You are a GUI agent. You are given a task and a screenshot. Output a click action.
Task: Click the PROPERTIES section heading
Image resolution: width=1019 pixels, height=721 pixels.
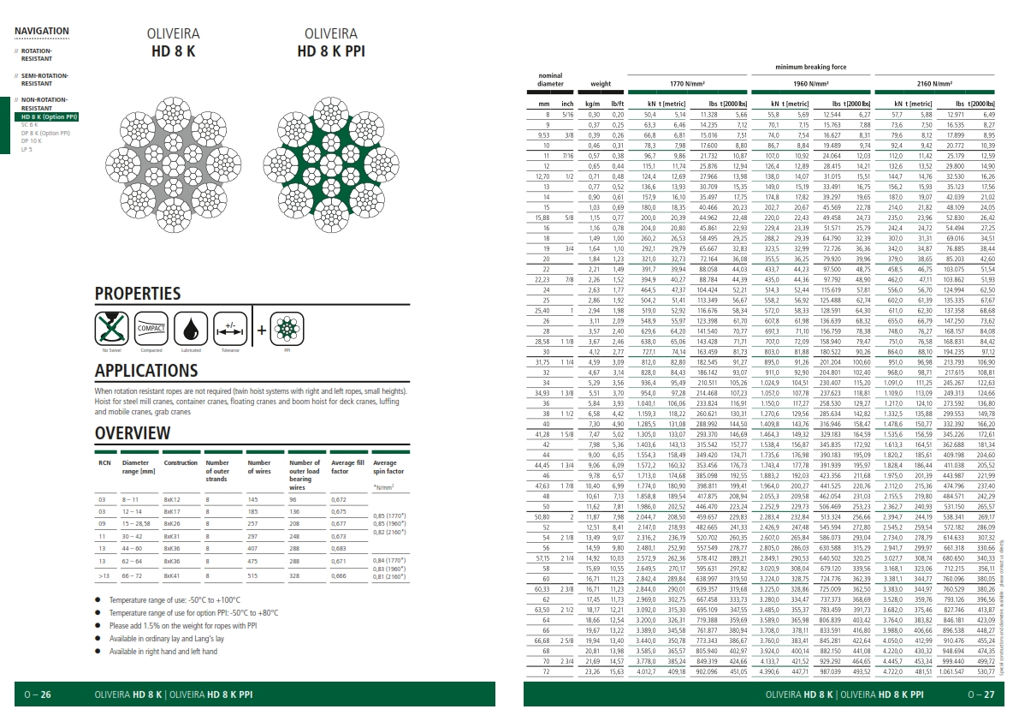click(x=138, y=294)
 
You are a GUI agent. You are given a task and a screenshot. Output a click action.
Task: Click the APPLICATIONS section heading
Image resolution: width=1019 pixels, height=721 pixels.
click(x=146, y=371)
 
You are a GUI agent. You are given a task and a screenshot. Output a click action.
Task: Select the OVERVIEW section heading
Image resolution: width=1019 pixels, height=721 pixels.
click(x=127, y=432)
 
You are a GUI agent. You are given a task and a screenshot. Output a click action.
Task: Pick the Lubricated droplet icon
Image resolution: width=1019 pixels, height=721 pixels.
click(x=190, y=329)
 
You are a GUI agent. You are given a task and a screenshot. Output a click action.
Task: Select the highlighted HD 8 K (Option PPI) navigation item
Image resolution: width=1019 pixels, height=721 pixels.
click(x=49, y=116)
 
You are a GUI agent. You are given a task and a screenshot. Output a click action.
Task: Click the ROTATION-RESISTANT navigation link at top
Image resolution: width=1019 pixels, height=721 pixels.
click(x=37, y=55)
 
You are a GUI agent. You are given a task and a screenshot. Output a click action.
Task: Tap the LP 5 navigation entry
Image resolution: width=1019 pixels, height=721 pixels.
click(x=27, y=149)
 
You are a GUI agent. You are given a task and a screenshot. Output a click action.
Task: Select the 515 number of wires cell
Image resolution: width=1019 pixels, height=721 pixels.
click(x=252, y=576)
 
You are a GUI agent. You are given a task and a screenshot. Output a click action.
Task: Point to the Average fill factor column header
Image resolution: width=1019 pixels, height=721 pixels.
click(x=348, y=467)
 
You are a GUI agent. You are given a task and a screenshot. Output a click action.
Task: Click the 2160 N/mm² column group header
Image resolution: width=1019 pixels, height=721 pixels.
click(x=936, y=84)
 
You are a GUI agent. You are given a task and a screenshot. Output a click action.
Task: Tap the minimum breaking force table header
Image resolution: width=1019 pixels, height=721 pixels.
click(x=811, y=67)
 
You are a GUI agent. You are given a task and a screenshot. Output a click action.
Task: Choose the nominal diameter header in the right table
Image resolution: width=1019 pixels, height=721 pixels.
click(x=551, y=80)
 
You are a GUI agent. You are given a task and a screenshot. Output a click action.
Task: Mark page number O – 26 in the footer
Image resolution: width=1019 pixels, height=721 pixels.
click(x=38, y=694)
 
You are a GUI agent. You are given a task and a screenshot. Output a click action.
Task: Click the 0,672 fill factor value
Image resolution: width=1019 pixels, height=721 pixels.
click(x=339, y=498)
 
